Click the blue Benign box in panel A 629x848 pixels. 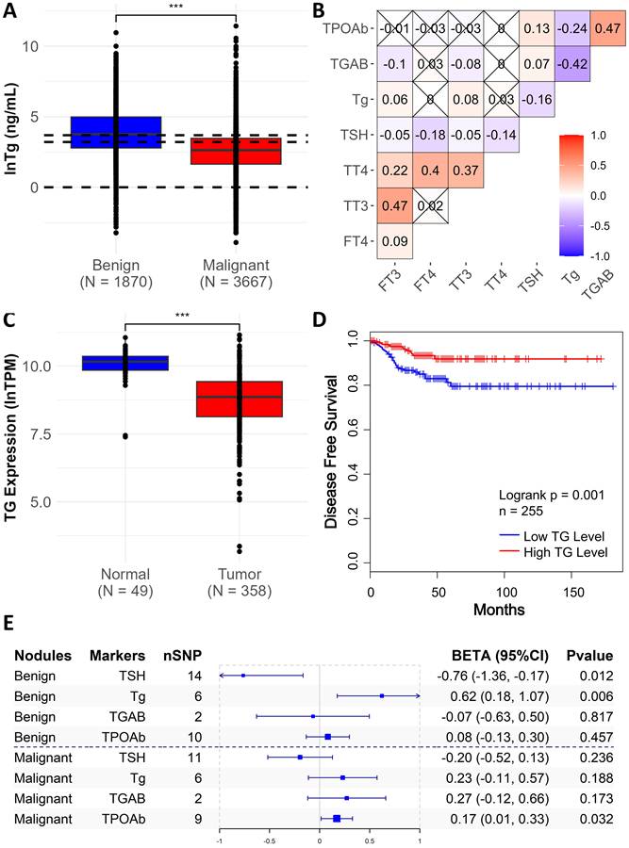pyautogui.click(x=116, y=132)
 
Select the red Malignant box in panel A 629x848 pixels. pyautogui.click(x=236, y=151)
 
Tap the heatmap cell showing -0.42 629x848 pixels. pyautogui.click(x=572, y=64)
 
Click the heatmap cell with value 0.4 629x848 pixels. pyautogui.click(x=430, y=171)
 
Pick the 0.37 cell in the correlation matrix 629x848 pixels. pyautogui.click(x=466, y=171)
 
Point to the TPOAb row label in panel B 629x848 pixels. pyautogui.click(x=345, y=28)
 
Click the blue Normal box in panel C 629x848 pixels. pyautogui.click(x=125, y=363)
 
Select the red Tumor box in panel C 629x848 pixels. pyautogui.click(x=240, y=400)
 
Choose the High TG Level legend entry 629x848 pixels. pyautogui.click(x=553, y=552)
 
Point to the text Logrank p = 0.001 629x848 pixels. pyautogui.click(x=551, y=495)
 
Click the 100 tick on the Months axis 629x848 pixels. pyautogui.click(x=505, y=593)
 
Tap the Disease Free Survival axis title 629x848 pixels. pyautogui.click(x=331, y=451)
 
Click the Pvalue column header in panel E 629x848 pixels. pyautogui.click(x=589, y=656)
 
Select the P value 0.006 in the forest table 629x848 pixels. pyautogui.click(x=596, y=696)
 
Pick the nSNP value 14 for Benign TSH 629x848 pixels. pyautogui.click(x=194, y=676)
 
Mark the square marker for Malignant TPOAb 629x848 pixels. pyautogui.click(x=337, y=819)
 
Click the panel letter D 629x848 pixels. pyautogui.click(x=320, y=320)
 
